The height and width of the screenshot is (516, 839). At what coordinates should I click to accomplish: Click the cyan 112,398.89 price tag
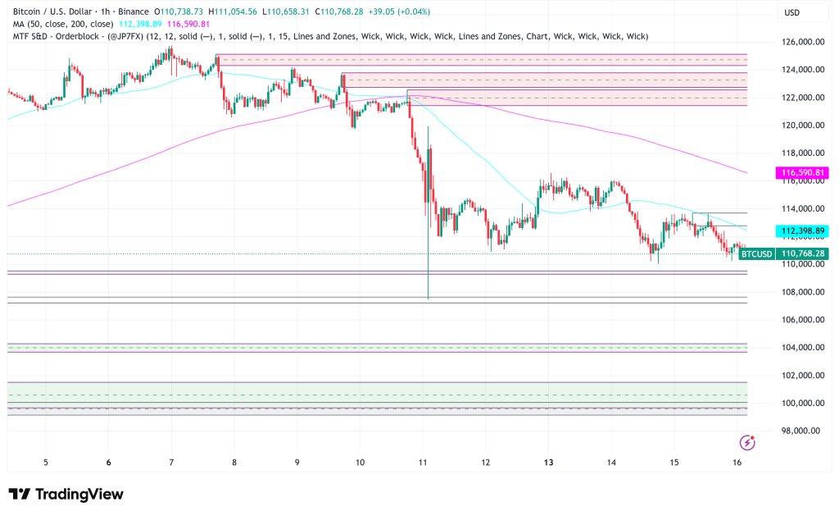[x=801, y=231]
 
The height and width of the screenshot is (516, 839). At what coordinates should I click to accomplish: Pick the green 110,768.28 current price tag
[x=803, y=254]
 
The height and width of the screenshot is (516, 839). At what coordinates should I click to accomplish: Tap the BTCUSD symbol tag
[x=756, y=254]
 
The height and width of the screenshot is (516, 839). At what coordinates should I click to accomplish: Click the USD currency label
[x=792, y=13]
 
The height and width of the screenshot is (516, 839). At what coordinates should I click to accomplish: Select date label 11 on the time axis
[x=423, y=463]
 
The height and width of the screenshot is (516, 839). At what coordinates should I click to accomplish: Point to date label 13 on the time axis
[x=548, y=463]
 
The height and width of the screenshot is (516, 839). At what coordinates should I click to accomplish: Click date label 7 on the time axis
[x=171, y=463]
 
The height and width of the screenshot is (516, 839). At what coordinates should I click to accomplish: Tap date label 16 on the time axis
[x=737, y=463]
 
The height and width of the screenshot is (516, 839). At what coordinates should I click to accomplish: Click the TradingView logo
[x=66, y=495]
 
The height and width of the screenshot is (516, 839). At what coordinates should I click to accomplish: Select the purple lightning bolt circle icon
[x=746, y=443]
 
